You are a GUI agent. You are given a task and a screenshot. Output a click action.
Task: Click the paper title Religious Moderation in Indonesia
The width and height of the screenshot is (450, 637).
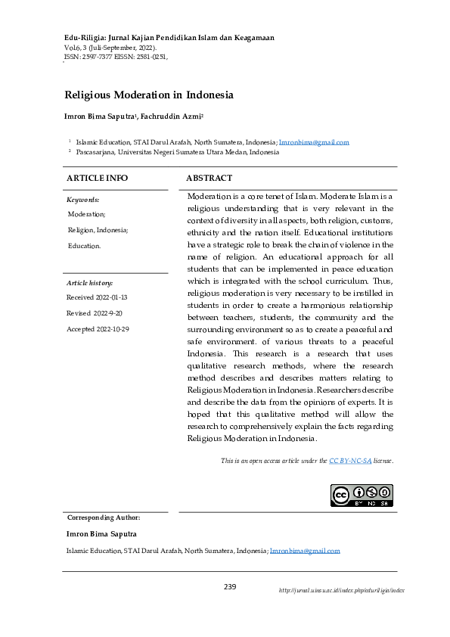click(x=150, y=95)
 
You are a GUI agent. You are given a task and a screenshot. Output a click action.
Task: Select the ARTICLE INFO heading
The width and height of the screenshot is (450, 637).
click(x=98, y=178)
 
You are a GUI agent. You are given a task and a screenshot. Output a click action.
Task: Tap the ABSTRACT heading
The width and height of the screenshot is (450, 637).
click(x=209, y=178)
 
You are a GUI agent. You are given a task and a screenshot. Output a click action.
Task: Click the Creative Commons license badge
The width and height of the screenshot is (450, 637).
click(x=362, y=496)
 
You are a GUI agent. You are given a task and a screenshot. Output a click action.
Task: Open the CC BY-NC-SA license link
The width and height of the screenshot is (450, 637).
click(x=349, y=460)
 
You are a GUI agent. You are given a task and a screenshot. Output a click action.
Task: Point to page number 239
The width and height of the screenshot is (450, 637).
click(x=231, y=587)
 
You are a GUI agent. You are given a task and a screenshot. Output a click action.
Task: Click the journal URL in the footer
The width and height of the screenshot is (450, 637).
click(x=341, y=590)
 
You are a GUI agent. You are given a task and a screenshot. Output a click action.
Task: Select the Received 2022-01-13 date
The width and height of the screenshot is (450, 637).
click(x=97, y=298)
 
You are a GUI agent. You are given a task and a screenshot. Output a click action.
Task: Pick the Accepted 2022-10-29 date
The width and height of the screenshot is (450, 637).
click(x=98, y=329)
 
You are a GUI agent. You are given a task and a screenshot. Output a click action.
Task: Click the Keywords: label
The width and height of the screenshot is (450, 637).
click(x=83, y=200)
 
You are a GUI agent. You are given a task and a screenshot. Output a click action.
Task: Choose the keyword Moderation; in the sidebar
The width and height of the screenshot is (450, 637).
click(x=86, y=214)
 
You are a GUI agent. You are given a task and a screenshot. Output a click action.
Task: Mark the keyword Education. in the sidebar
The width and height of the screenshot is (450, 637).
click(x=84, y=246)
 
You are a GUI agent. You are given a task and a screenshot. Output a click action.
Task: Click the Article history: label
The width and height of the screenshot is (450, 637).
click(x=89, y=282)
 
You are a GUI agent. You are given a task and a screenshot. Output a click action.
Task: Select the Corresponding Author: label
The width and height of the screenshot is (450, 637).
click(x=104, y=517)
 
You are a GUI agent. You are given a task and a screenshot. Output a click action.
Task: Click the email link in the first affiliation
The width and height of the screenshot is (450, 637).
click(x=314, y=142)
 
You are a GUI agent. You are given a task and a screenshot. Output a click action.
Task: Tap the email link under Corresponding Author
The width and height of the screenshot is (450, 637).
click(x=305, y=552)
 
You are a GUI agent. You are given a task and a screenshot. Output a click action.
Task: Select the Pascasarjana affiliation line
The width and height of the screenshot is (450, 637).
click(x=177, y=152)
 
